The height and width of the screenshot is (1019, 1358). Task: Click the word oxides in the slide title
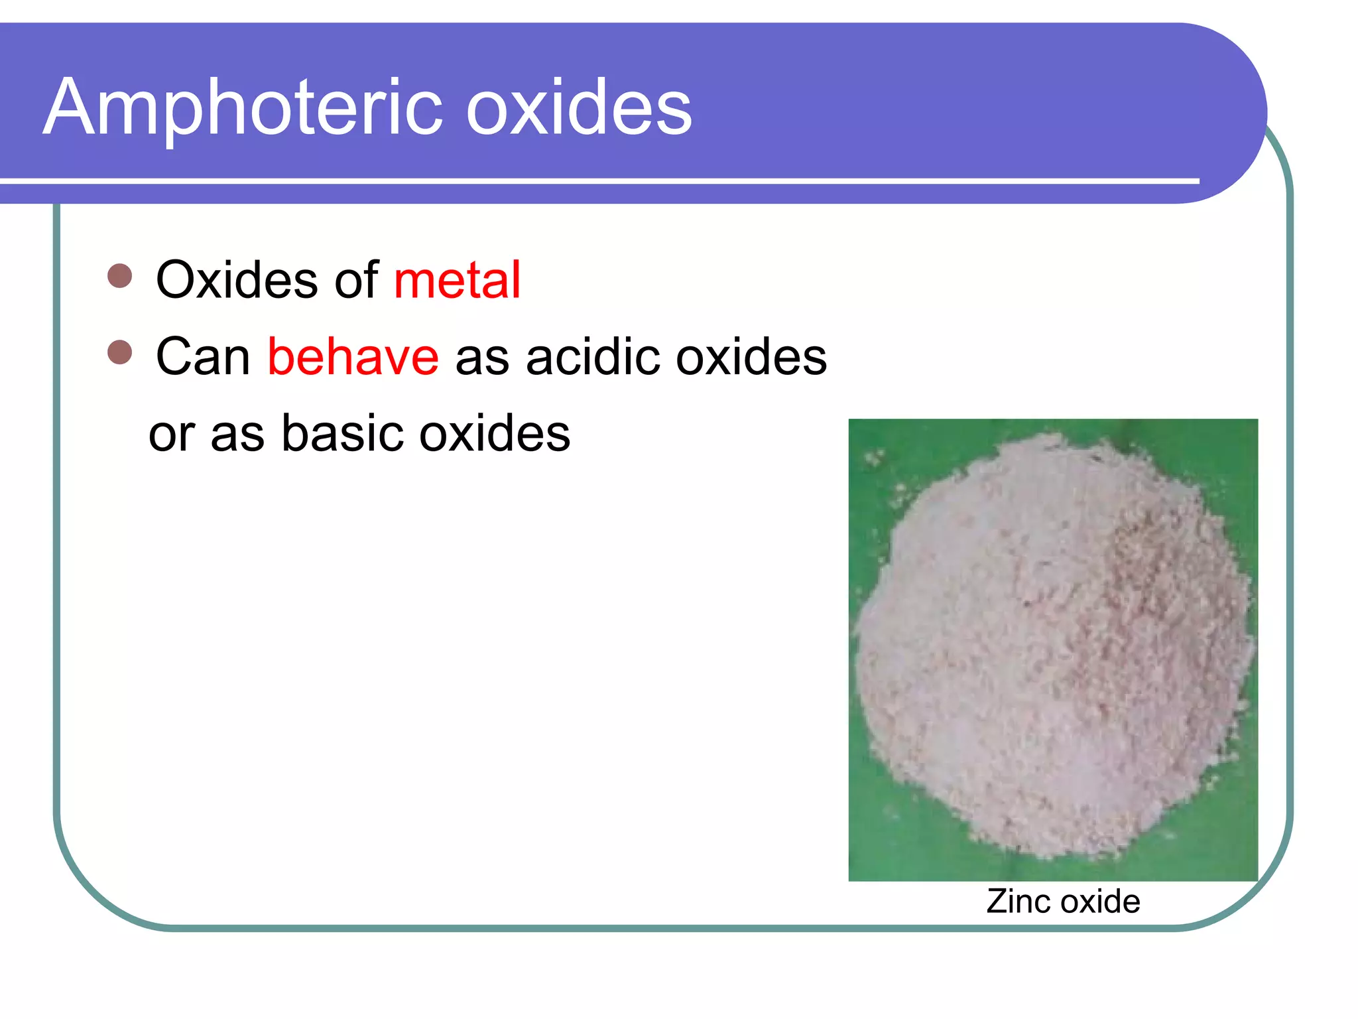(x=578, y=107)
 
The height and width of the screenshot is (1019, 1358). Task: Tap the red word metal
(x=457, y=280)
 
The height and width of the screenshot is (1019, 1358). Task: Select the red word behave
(x=353, y=357)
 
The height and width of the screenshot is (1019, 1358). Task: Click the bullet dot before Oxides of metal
(x=120, y=276)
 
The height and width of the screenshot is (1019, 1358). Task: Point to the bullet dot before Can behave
(x=120, y=352)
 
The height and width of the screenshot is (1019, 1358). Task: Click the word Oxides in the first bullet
(x=237, y=280)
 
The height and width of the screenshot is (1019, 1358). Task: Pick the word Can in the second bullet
(x=203, y=357)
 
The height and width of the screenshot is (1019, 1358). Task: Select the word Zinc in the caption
(x=1014, y=902)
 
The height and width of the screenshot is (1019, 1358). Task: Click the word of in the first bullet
(x=356, y=280)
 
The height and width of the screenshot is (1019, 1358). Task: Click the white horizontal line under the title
(x=597, y=180)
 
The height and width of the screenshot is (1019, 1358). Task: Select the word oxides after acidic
(x=751, y=357)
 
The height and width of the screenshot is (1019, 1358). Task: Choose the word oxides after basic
(x=495, y=434)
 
